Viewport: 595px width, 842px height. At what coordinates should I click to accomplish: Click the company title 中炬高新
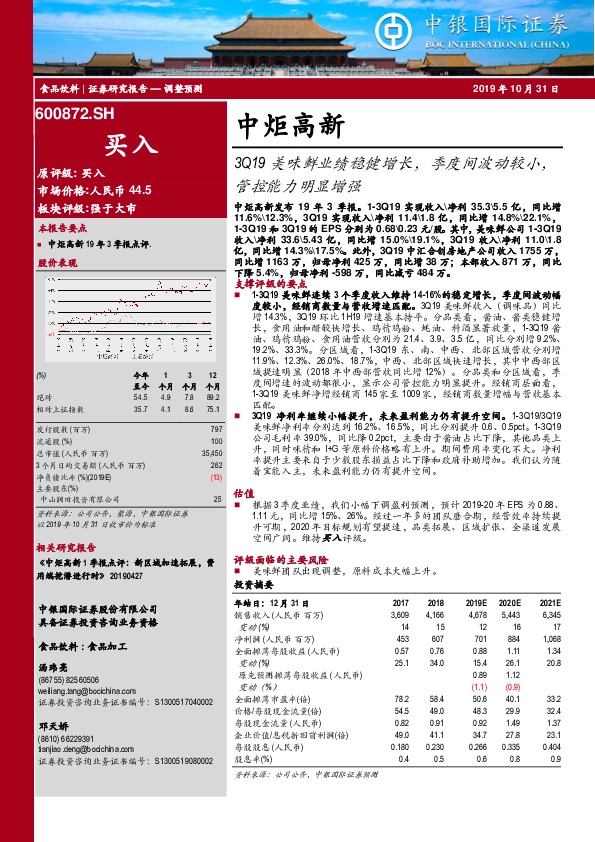tap(291, 124)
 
